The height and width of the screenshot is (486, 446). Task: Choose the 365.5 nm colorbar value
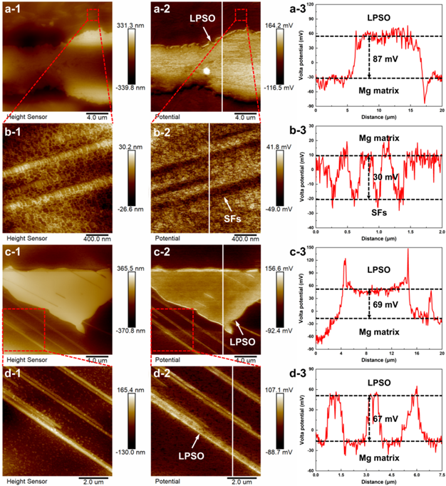(x=136, y=264)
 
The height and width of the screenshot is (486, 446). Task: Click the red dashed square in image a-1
(x=93, y=15)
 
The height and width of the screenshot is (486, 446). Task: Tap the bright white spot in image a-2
(x=206, y=71)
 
